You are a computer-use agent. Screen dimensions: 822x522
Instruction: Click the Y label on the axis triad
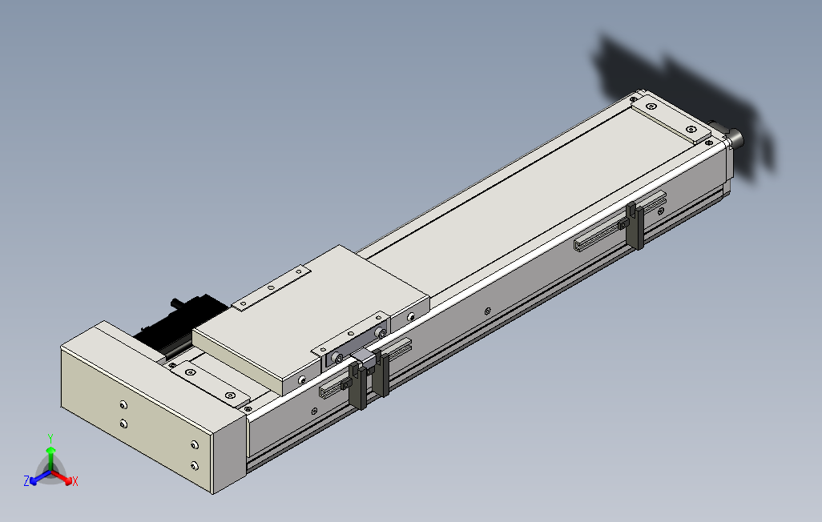point(50,438)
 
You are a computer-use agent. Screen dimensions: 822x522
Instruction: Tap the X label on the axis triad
point(75,481)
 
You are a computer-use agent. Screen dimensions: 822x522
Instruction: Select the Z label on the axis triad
point(26,480)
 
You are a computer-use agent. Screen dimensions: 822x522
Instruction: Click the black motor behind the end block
point(178,325)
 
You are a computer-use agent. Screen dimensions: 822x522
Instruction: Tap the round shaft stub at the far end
point(734,138)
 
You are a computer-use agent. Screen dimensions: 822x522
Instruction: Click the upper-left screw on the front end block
point(123,404)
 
